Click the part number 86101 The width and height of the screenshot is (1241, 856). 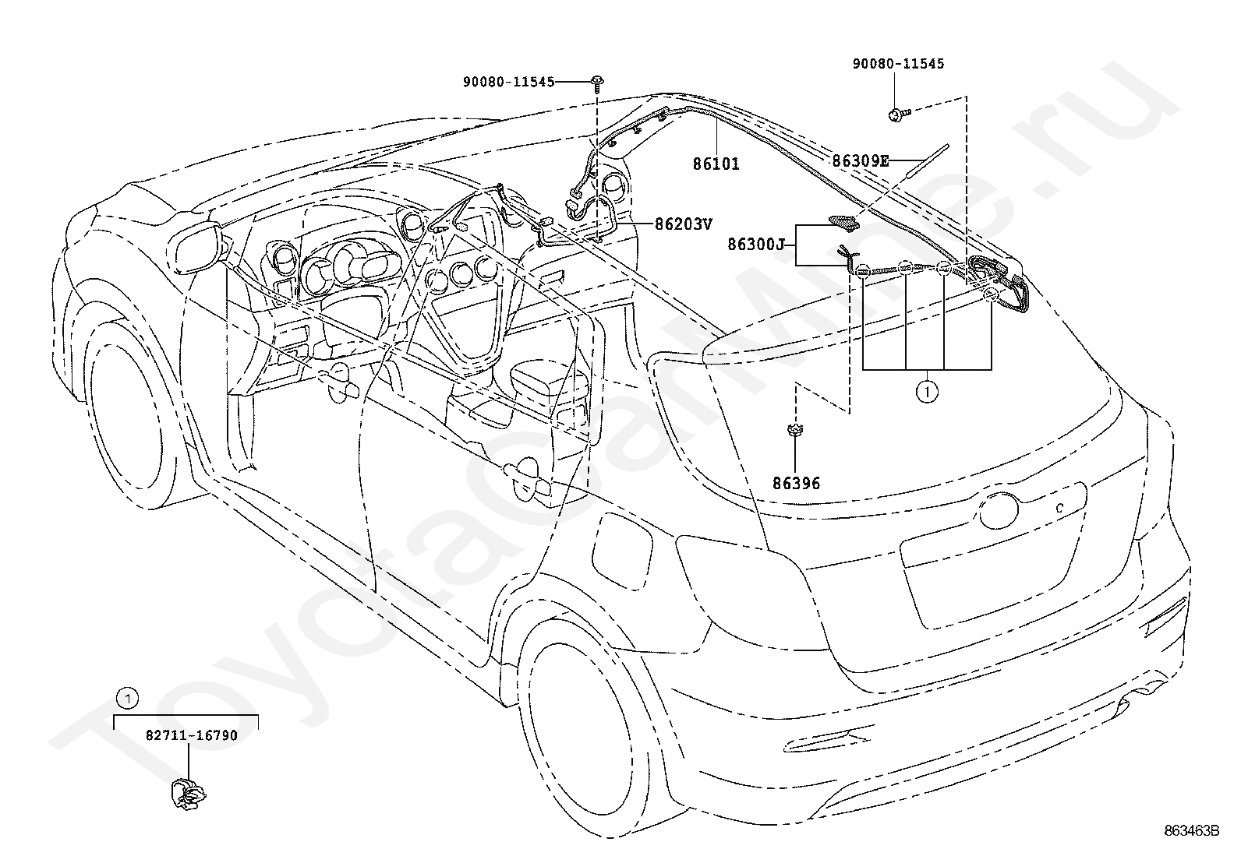coord(716,164)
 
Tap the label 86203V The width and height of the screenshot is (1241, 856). coord(684,224)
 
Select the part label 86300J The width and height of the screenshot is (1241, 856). coord(756,244)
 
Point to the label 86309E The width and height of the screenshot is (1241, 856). coord(861,161)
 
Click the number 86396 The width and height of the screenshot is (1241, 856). coord(796,484)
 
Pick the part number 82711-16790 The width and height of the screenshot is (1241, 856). coord(192,735)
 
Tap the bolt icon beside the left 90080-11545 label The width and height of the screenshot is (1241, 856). coord(597,82)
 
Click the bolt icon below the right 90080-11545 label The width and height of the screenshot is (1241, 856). coord(899,114)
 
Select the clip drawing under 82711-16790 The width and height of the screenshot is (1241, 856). coord(189,794)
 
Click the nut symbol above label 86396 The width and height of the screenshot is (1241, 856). coord(795,430)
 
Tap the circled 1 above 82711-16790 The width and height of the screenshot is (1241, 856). coord(128,699)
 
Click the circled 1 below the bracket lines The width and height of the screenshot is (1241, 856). coord(927,392)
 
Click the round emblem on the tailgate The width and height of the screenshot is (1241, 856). coord(999,510)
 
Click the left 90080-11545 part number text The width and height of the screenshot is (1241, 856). coord(508,82)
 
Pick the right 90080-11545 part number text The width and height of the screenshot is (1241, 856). coord(898,64)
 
